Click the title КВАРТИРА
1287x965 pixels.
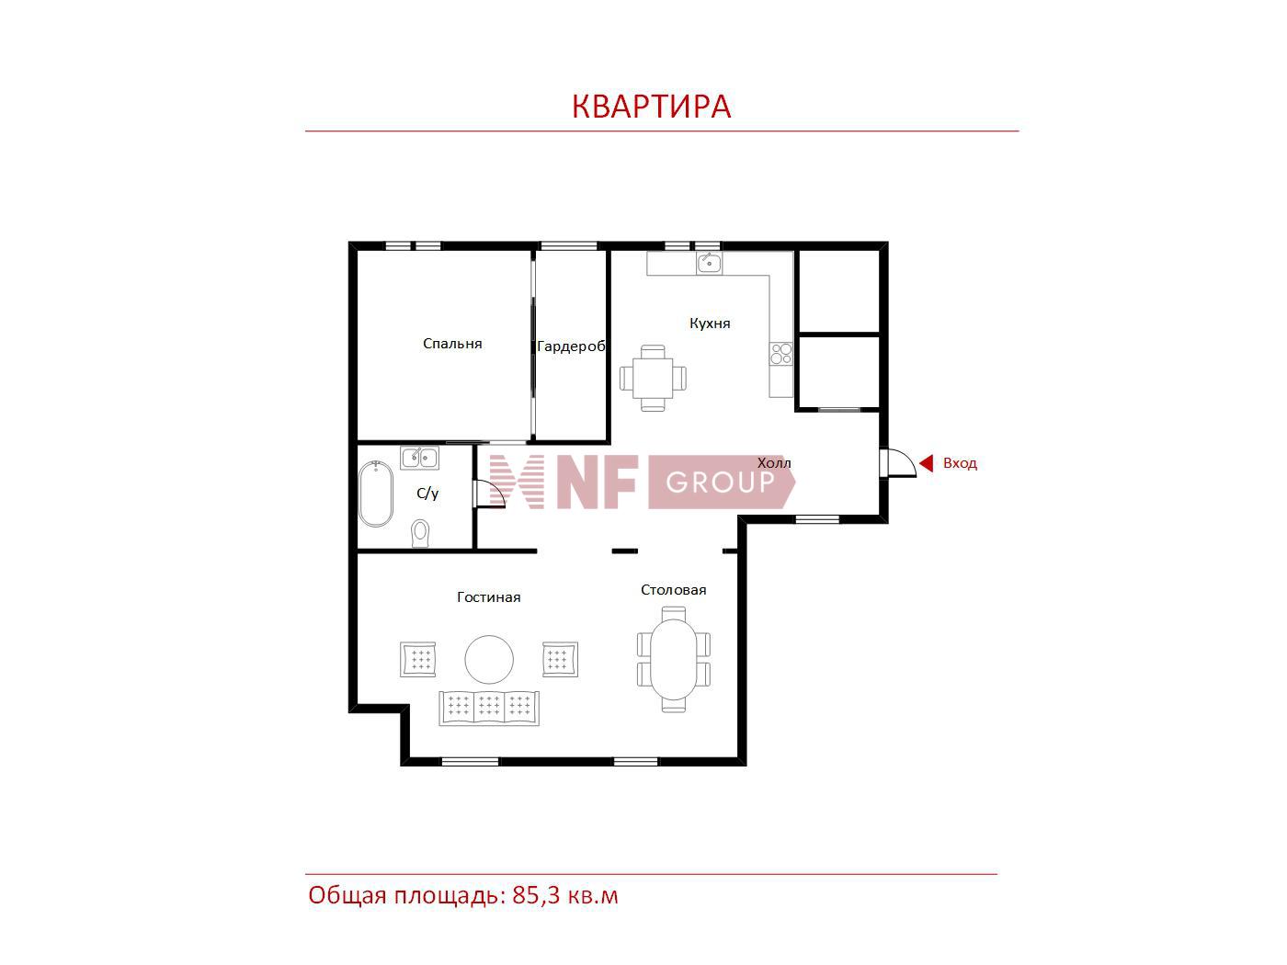[651, 107]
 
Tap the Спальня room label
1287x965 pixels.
[452, 344]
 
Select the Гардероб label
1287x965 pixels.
[571, 346]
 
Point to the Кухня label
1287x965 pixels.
[710, 324]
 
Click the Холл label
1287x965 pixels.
[774, 463]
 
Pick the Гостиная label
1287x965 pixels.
[488, 597]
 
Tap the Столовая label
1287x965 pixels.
[673, 590]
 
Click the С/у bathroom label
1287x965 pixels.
[427, 493]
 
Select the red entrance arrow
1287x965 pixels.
[926, 463]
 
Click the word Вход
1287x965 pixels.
[960, 463]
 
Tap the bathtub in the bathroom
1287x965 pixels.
[375, 494]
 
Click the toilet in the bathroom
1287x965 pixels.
[420, 533]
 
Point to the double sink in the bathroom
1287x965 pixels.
[419, 457]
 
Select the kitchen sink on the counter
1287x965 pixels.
[710, 263]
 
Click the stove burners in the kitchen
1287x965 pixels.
[781, 353]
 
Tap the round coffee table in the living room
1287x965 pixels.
[489, 659]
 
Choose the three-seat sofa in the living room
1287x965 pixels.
[489, 709]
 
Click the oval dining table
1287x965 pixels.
[674, 659]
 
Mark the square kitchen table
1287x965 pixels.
[653, 378]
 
